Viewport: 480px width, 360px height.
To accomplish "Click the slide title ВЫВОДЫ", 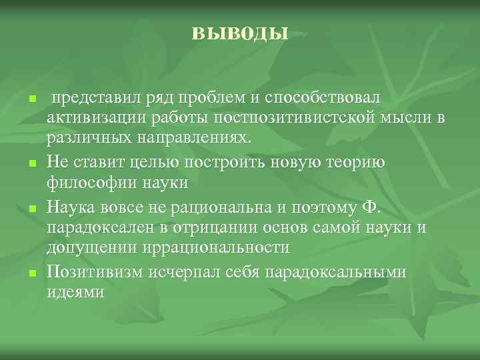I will click(x=240, y=31).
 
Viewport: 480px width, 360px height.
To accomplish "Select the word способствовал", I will click(x=323, y=98).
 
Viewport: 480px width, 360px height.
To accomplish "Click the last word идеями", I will click(x=75, y=291).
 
